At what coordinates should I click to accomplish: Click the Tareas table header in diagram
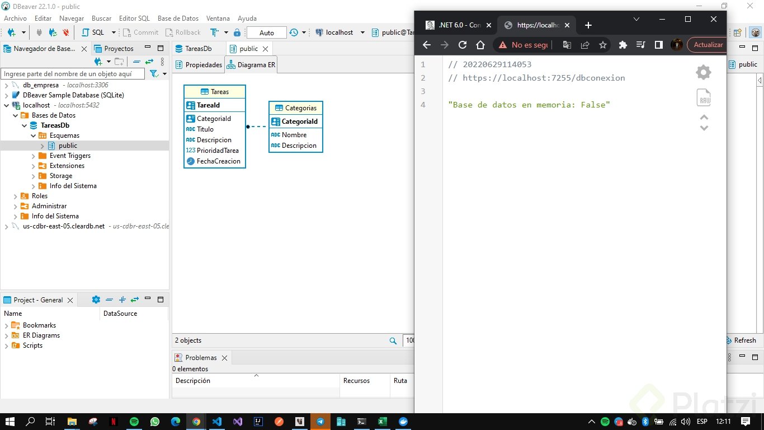pos(215,92)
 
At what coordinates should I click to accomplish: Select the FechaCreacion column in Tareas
pos(218,161)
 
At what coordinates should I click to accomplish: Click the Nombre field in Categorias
pos(294,135)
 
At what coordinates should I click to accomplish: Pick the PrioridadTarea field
pos(218,151)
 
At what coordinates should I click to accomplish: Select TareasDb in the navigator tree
pos(55,125)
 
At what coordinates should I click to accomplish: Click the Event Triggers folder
pos(70,156)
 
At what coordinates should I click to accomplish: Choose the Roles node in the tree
pos(39,196)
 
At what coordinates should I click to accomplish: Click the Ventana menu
pos(218,18)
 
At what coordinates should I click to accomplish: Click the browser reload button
pos(463,45)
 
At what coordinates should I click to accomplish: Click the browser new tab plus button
pos(588,25)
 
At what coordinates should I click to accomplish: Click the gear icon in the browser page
pos(703,72)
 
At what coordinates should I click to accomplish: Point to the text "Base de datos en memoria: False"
pos(529,105)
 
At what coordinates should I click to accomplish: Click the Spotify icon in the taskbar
pos(134,422)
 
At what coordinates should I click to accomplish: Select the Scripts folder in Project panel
pos(32,345)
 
